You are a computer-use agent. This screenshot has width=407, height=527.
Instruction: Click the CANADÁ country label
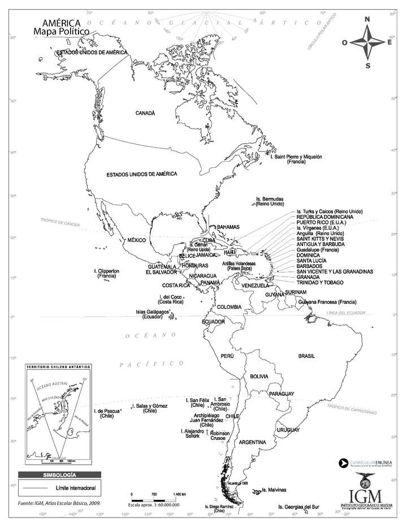coord(145,113)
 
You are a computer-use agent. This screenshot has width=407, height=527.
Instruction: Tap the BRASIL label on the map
coord(306,356)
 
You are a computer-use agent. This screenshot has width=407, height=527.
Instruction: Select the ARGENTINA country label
coord(252,442)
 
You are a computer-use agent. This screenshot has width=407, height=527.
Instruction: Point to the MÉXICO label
coord(136,240)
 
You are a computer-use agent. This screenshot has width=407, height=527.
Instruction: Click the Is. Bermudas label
coord(270,201)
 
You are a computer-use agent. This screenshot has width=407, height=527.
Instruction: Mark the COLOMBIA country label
coord(230,307)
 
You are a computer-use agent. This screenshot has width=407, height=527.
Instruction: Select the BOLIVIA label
coord(259,376)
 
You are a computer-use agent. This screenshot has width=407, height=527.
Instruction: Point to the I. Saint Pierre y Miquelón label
coord(296,159)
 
